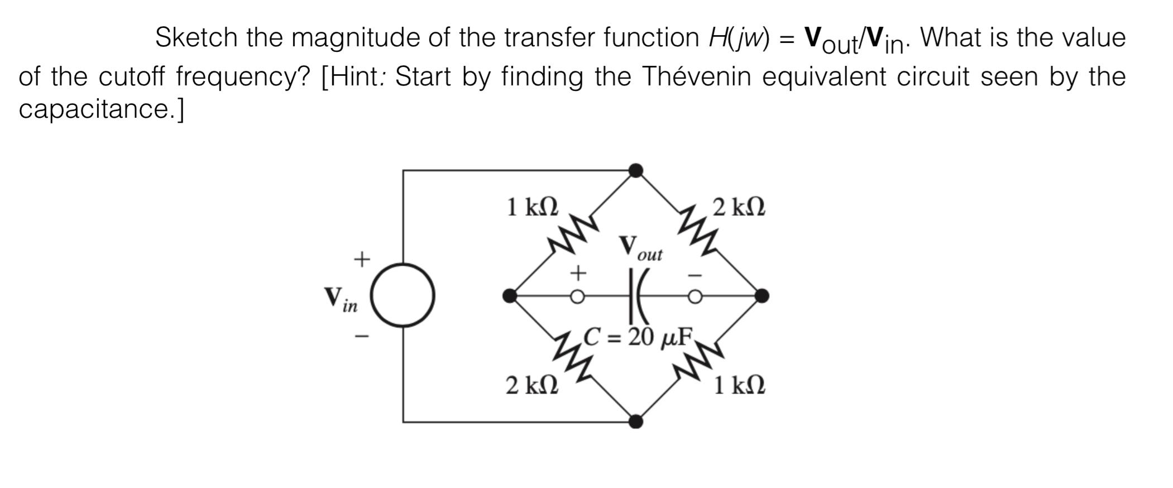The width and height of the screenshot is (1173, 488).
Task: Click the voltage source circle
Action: coord(403,295)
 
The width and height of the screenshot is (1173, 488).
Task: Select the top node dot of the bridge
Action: coord(635,170)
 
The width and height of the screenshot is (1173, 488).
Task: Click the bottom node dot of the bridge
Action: coord(635,422)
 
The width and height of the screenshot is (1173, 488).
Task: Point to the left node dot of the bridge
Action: coord(510,296)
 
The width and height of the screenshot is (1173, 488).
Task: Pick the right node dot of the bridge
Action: coord(762,296)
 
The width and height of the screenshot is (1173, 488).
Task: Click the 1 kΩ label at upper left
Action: coord(532,207)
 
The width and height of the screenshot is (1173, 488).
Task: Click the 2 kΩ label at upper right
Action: coord(739,207)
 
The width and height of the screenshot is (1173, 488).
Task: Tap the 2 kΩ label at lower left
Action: coord(532,385)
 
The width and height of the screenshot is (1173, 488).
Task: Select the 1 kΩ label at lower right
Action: coord(739,385)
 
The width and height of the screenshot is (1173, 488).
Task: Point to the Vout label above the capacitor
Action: coord(640,248)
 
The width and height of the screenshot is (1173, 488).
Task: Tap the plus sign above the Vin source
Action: coord(362,259)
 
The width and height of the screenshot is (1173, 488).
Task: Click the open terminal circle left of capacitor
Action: coord(577,296)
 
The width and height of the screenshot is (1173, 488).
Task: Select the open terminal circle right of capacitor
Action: coord(695,296)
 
